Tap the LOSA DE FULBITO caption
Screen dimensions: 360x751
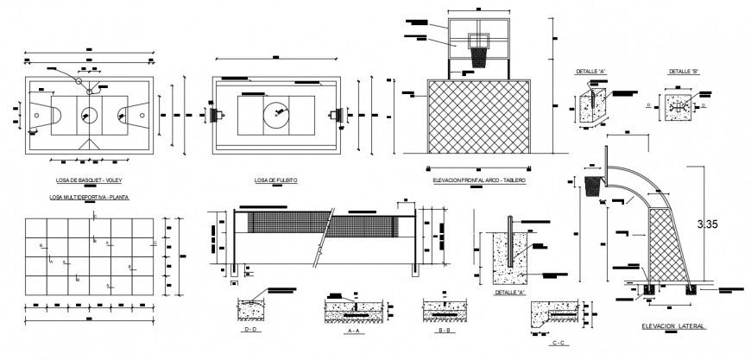pyautogui.click(x=276, y=180)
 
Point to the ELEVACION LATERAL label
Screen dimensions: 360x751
pyautogui.click(x=673, y=326)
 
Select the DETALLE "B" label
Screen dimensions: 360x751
pyautogui.click(x=682, y=71)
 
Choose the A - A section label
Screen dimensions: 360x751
pyautogui.click(x=352, y=329)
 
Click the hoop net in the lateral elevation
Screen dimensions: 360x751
pyautogui.click(x=592, y=184)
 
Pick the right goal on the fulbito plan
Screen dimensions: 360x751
pyautogui.click(x=337, y=113)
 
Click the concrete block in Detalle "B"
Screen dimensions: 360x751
pyautogui.click(x=680, y=105)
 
